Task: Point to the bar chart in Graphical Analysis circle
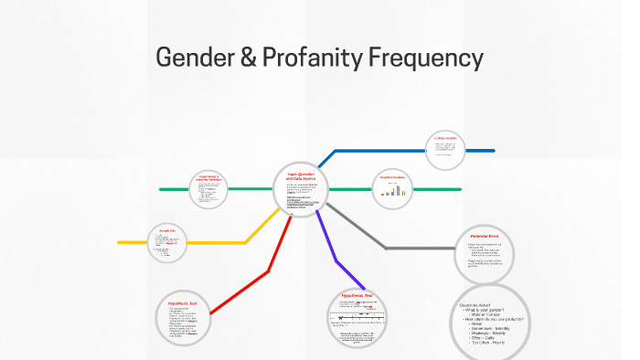point(393,192)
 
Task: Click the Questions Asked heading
point(475,305)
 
